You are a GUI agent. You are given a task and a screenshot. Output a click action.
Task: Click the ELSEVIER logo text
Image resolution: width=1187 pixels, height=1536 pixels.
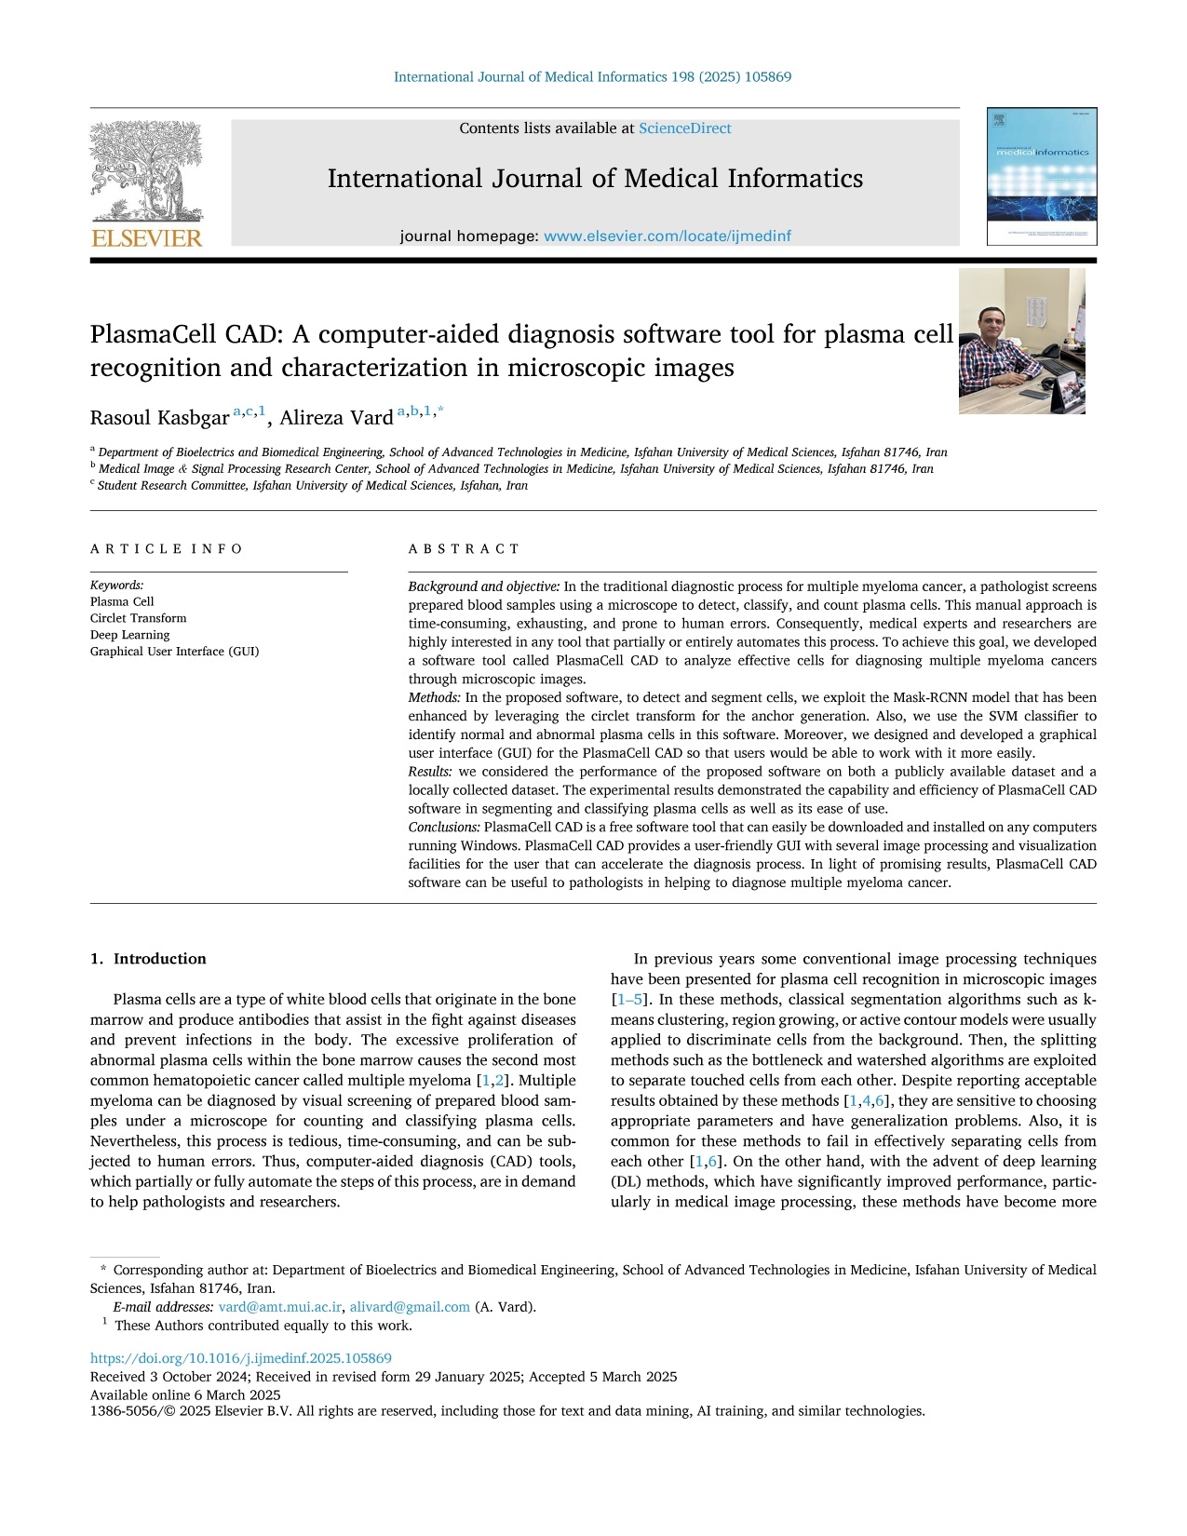coord(146,238)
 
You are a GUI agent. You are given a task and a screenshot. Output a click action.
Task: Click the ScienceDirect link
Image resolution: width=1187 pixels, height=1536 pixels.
coord(684,128)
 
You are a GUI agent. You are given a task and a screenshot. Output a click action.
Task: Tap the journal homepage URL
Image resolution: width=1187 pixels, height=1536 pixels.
coord(667,236)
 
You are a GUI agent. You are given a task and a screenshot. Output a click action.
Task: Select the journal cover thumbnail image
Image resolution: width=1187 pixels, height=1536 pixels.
coord(1042,177)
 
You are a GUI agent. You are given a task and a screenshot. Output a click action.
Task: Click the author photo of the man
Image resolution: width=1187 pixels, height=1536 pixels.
coord(1021,341)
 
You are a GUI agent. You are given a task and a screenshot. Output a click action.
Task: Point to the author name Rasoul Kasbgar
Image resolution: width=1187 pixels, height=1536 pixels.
coord(159,418)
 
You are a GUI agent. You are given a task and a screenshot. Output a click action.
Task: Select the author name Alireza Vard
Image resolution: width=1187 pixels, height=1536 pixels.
coord(336,418)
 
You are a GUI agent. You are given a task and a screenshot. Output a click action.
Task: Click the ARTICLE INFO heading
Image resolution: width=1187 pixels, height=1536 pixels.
coord(166,549)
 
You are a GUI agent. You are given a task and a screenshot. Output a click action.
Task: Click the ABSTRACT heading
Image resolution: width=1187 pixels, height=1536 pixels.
coord(464,549)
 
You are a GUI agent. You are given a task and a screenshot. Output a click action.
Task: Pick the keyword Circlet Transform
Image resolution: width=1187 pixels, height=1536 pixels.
coord(138,618)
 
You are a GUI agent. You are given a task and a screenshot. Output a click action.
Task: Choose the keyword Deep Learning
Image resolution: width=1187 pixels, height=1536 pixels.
coord(129,635)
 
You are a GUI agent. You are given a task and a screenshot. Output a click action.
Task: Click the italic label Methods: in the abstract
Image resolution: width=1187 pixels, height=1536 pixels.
coord(434,697)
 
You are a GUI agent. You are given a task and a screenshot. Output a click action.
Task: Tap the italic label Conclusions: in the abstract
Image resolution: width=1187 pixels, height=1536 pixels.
coord(444,827)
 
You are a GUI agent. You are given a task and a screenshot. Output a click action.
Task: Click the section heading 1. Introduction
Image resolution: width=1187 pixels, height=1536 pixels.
coord(148,959)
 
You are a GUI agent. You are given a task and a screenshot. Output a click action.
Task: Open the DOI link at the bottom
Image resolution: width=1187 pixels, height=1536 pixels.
coord(240,1358)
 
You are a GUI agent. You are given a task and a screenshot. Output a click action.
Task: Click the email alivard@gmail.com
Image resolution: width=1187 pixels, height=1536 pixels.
coord(410,1307)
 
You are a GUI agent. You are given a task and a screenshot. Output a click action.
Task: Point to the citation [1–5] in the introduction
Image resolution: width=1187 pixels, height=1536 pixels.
coord(628,1000)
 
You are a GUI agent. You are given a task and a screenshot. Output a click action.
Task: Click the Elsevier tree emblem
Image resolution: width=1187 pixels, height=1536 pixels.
coord(146,171)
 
